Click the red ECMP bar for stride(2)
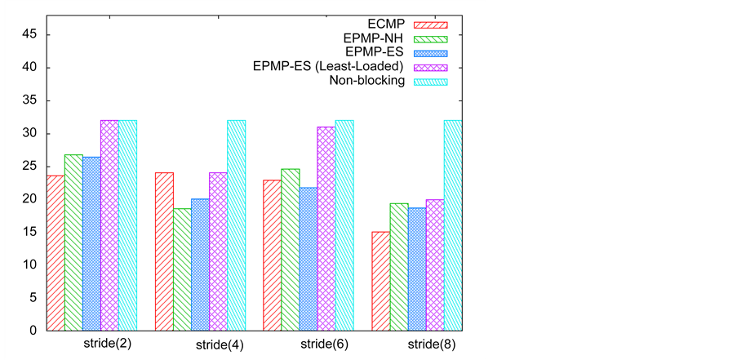55,253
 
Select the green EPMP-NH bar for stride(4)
181,269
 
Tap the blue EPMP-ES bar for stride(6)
308,259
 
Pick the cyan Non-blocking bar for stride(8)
452,225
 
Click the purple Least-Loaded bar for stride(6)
326,229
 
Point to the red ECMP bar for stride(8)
380,281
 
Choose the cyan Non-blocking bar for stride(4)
236,225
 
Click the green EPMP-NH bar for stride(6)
290,249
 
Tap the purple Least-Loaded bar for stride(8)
434,264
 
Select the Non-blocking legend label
367,81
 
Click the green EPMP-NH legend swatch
431,38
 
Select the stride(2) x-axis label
107,344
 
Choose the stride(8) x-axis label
432,344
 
